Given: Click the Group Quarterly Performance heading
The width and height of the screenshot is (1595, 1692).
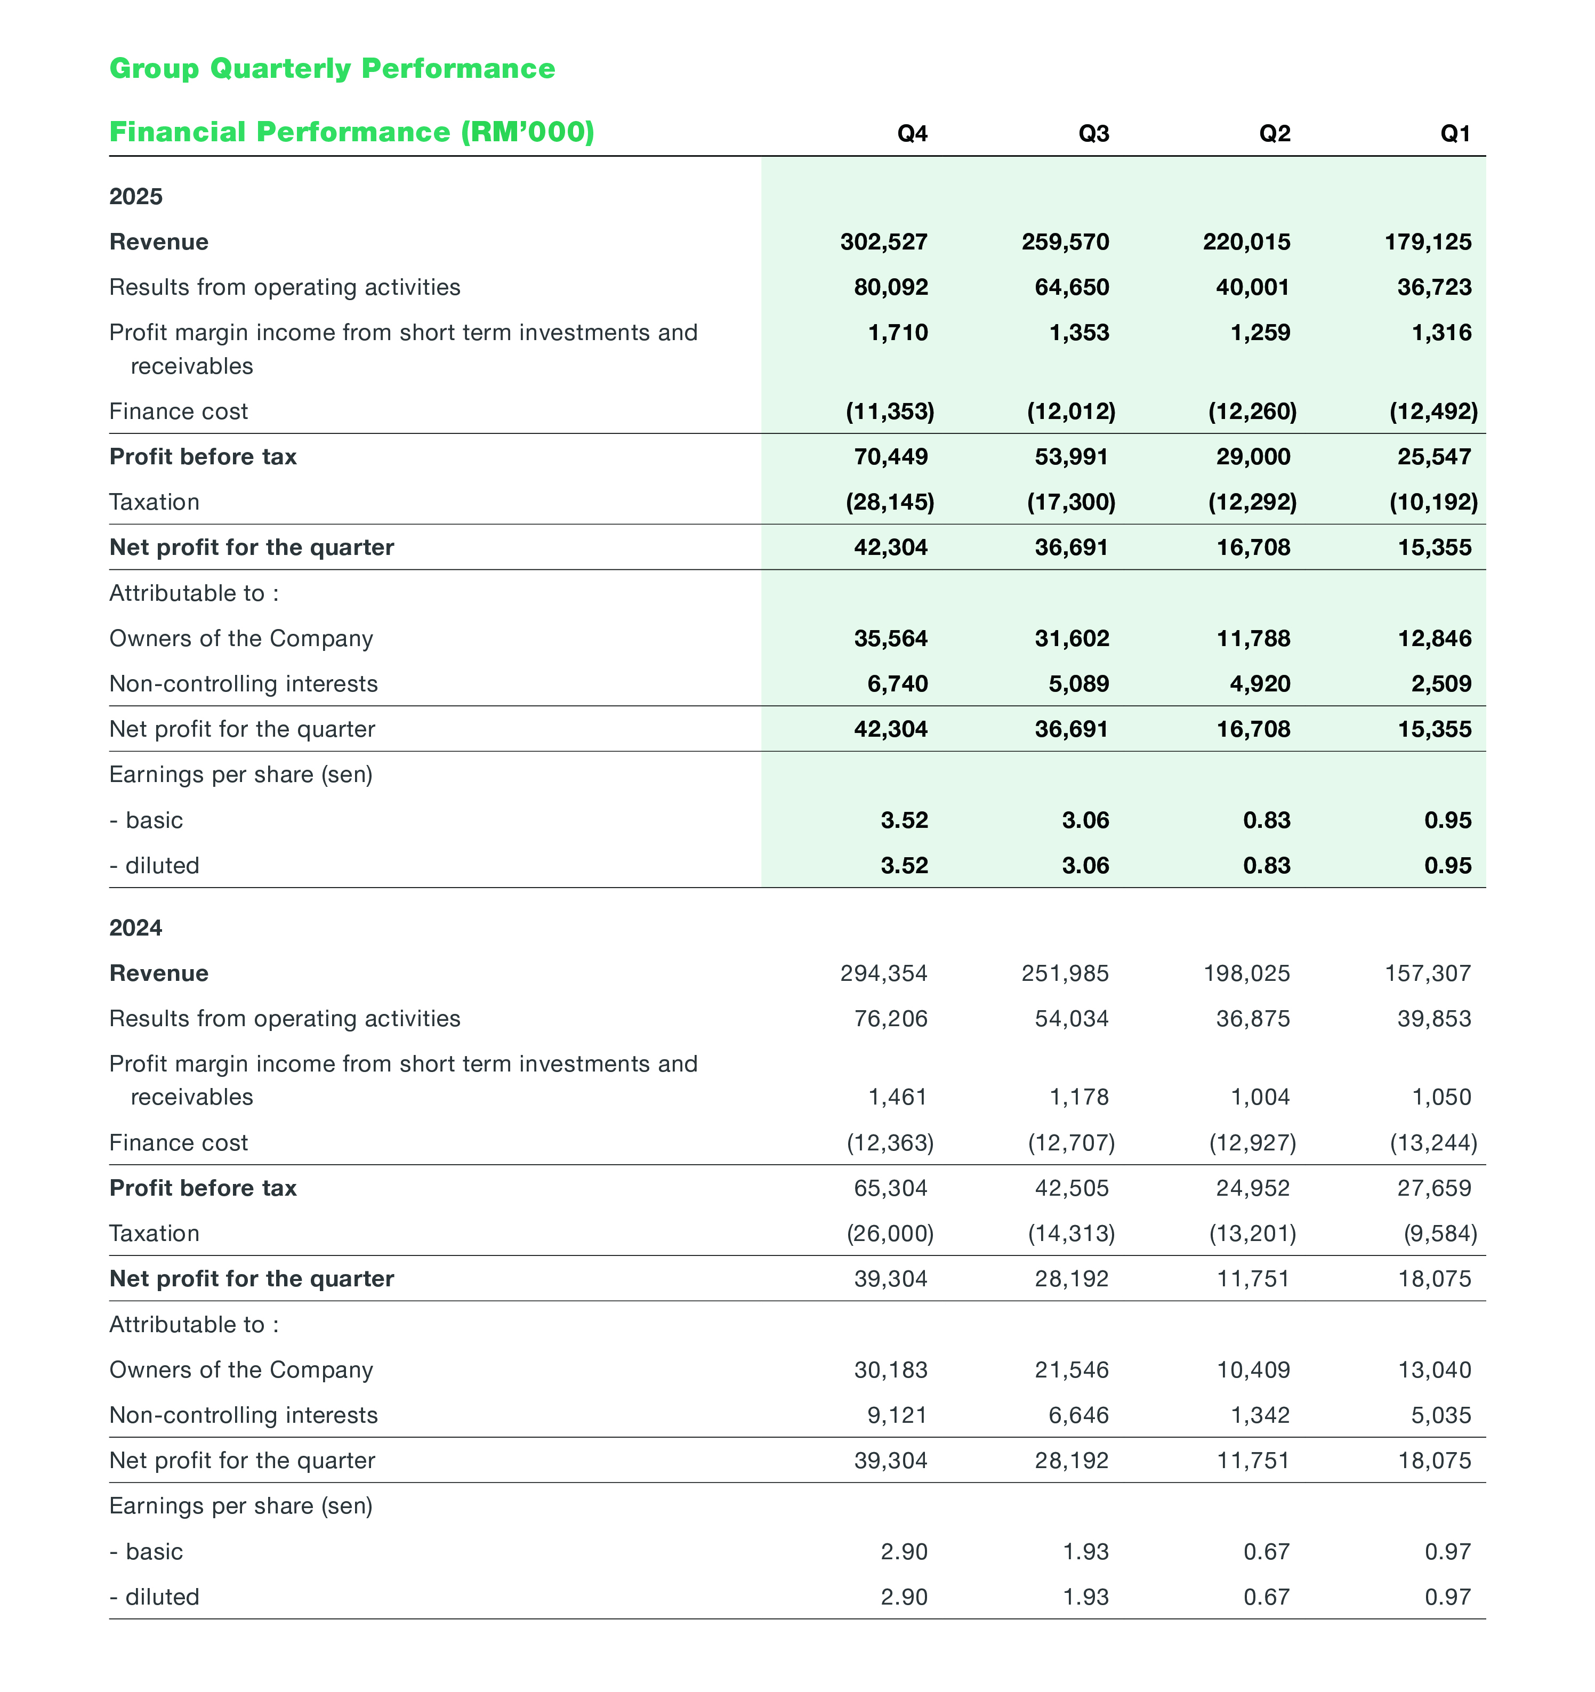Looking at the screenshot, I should tap(332, 68).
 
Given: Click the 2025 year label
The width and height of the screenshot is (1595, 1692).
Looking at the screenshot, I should tap(135, 197).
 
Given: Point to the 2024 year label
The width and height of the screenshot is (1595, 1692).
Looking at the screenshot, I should tap(135, 928).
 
